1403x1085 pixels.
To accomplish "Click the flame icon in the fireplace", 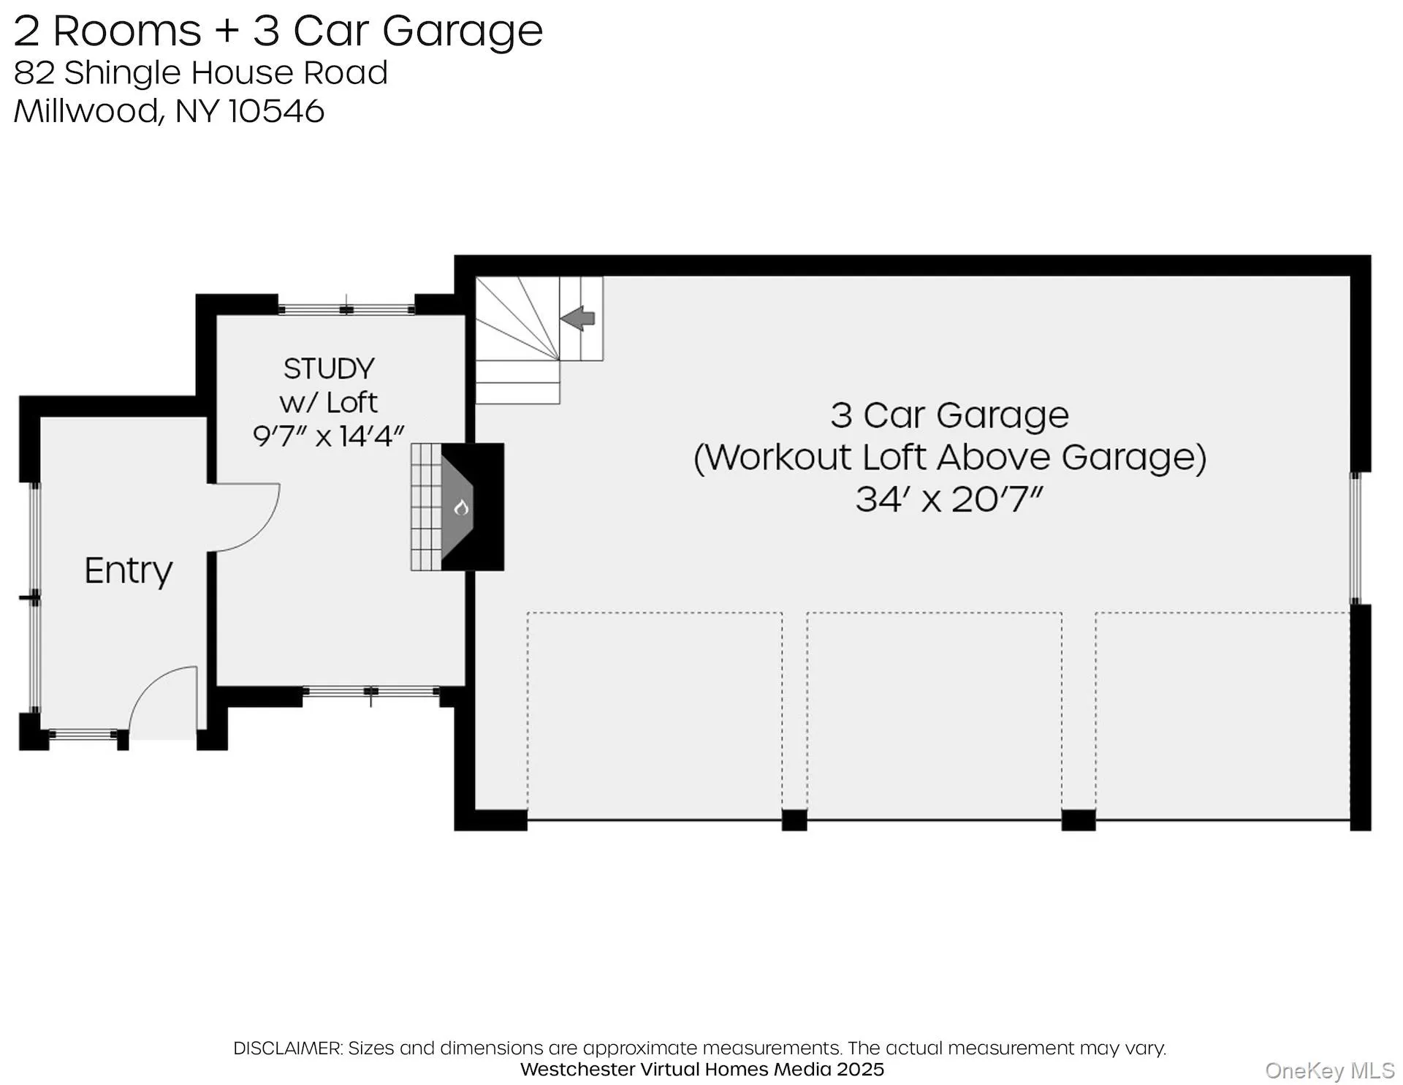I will tap(461, 507).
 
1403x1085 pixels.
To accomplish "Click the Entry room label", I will tap(129, 571).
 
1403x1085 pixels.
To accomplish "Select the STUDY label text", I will tap(329, 368).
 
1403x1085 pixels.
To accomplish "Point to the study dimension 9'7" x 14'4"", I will tap(328, 436).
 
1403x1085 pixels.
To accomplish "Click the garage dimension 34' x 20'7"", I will tap(948, 500).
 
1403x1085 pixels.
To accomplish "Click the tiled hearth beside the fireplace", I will tap(425, 507).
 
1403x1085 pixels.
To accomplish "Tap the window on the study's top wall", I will tap(347, 310).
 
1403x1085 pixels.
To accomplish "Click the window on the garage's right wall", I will tap(1356, 537).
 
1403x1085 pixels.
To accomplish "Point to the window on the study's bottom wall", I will tap(371, 692).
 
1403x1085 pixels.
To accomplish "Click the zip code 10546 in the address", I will tap(277, 111).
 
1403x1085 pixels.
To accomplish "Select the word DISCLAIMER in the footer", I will tap(287, 1048).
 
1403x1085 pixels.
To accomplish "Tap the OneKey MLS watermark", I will tap(1329, 1071).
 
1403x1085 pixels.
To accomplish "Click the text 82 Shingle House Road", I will tap(200, 72).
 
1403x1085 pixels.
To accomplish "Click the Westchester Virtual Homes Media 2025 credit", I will tap(701, 1070).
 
